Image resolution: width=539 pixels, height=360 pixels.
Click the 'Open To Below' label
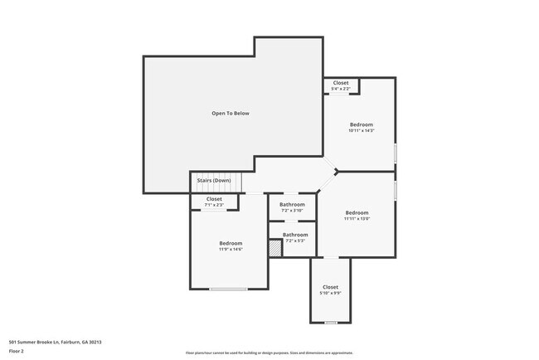tap(230, 113)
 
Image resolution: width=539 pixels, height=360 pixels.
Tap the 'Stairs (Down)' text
tap(213, 180)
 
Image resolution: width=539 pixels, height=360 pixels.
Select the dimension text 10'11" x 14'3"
tap(362, 130)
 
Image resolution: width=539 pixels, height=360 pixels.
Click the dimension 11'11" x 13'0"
tap(357, 219)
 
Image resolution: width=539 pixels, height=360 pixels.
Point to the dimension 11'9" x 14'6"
tap(231, 249)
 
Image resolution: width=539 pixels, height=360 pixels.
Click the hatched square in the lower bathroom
tap(275, 247)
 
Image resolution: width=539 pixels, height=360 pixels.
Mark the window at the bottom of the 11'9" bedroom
tap(227, 289)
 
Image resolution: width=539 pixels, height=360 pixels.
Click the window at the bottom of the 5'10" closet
tap(331, 323)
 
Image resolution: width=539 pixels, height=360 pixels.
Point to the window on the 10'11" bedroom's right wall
tap(396, 153)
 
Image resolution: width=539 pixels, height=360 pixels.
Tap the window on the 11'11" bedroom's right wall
tap(396, 190)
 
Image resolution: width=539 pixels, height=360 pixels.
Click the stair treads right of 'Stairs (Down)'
tap(237, 181)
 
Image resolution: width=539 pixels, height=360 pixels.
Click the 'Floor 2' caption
tap(17, 351)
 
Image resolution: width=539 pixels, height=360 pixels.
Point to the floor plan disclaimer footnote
tap(269, 353)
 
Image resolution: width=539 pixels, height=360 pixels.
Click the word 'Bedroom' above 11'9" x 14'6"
tap(231, 243)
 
